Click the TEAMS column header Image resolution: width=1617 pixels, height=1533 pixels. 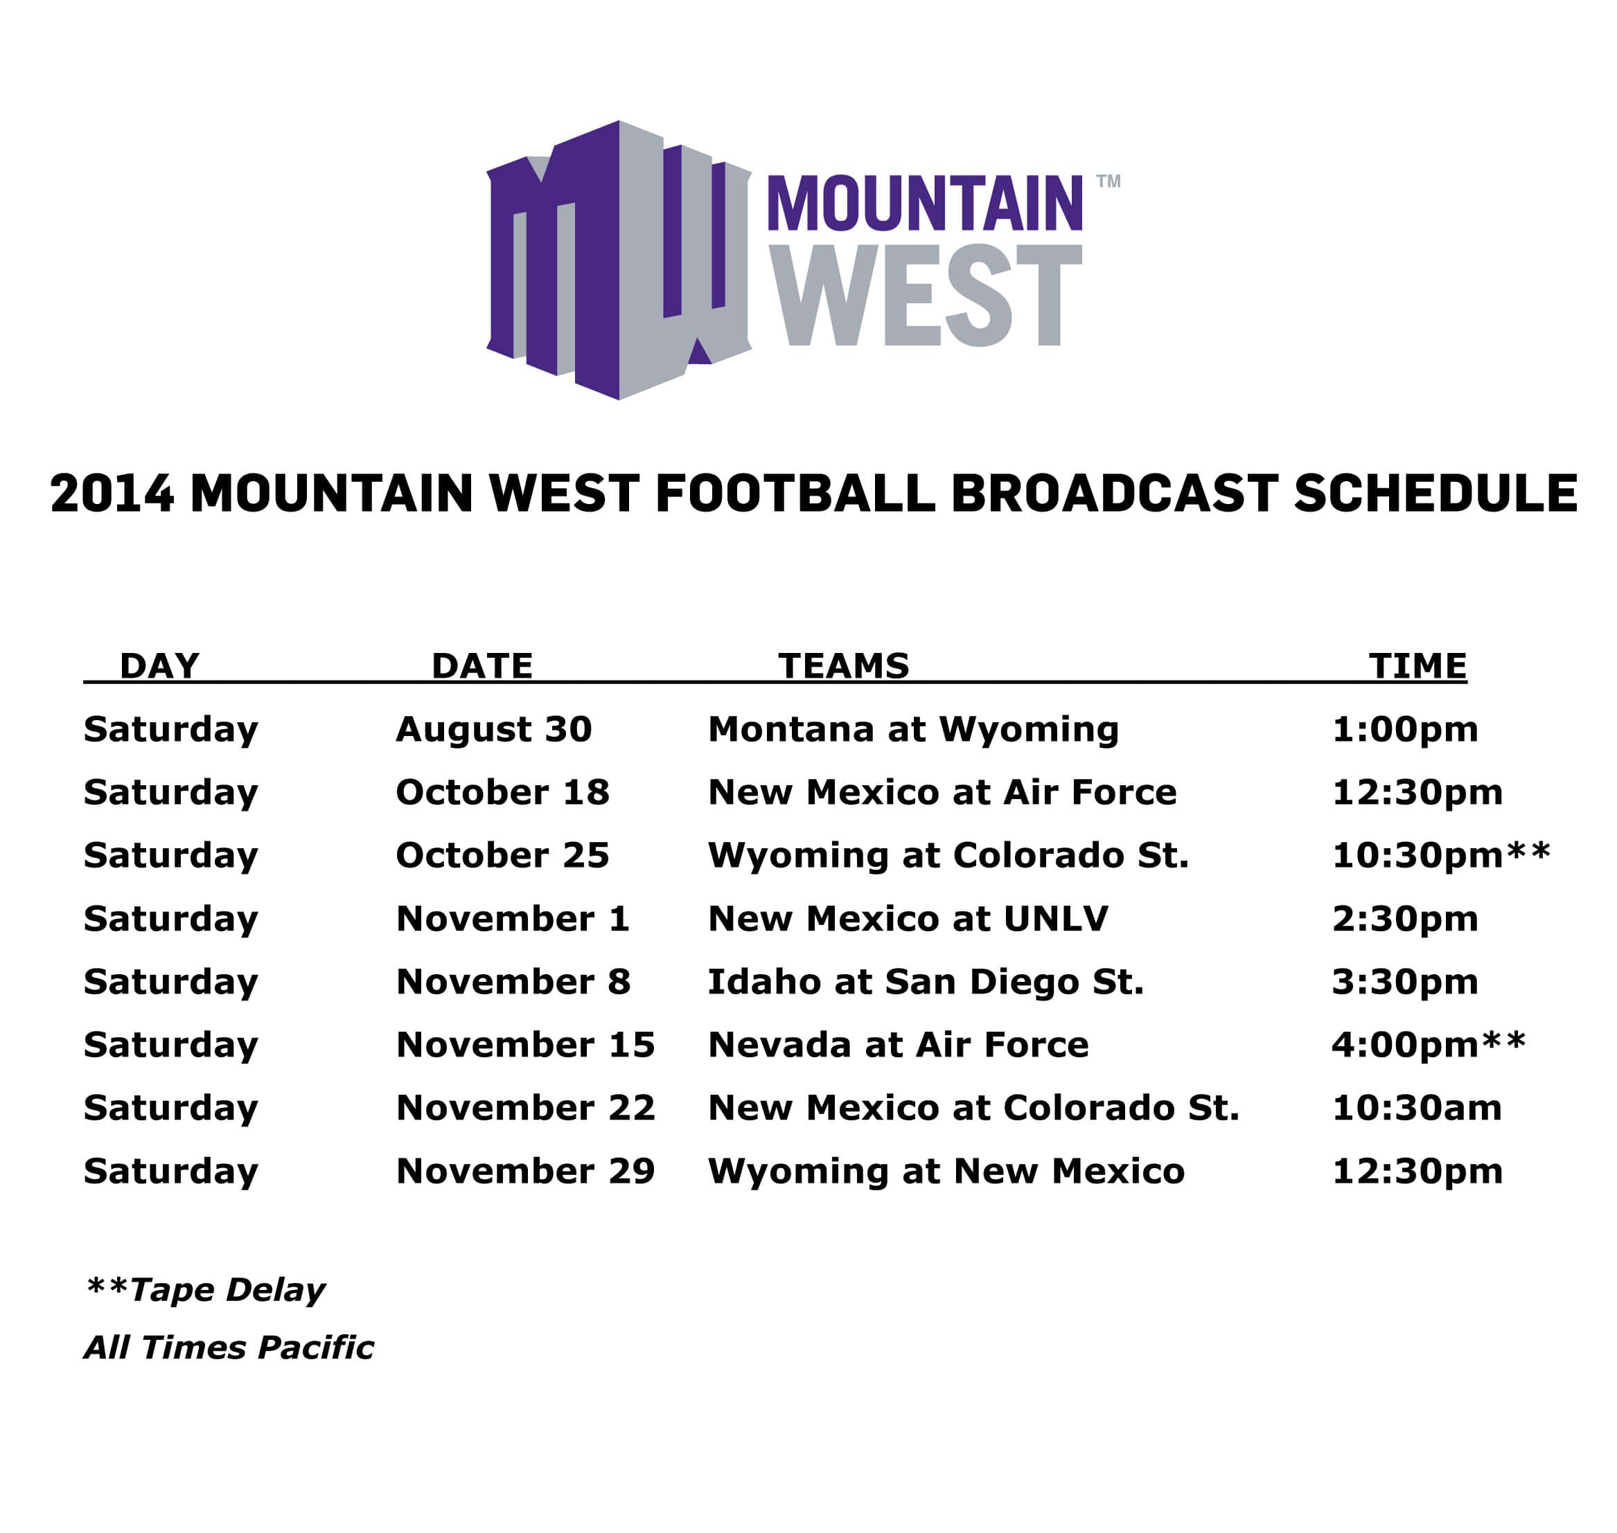pyautogui.click(x=844, y=666)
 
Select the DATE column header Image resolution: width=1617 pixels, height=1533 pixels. pyautogui.click(x=482, y=666)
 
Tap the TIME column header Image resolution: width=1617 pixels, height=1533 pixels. pyautogui.click(x=1418, y=666)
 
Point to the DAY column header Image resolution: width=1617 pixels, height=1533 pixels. pyautogui.click(x=159, y=666)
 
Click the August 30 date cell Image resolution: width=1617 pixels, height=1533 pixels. pyautogui.click(x=494, y=729)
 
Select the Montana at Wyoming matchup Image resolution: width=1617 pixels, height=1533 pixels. pyautogui.click(x=913, y=730)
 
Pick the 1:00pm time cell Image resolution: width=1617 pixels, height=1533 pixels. pyautogui.click(x=1405, y=730)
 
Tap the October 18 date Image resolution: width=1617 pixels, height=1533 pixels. pyautogui.click(x=503, y=792)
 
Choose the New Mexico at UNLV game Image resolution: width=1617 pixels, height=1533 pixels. pyautogui.click(x=908, y=919)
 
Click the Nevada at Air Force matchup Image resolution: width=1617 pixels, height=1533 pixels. pyautogui.click(x=899, y=1045)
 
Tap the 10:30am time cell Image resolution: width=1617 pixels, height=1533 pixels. pyautogui.click(x=1417, y=1108)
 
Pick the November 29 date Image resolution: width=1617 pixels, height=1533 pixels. pyautogui.click(x=526, y=1171)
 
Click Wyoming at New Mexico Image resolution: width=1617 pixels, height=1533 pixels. pyautogui.click(x=946, y=1172)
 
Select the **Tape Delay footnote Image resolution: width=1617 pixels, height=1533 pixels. pyautogui.click(x=205, y=1289)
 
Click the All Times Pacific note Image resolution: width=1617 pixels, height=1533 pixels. pyautogui.click(x=229, y=1347)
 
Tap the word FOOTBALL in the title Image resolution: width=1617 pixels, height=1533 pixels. pyautogui.click(x=795, y=494)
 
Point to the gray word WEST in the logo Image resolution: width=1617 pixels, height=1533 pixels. pyautogui.click(x=926, y=296)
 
